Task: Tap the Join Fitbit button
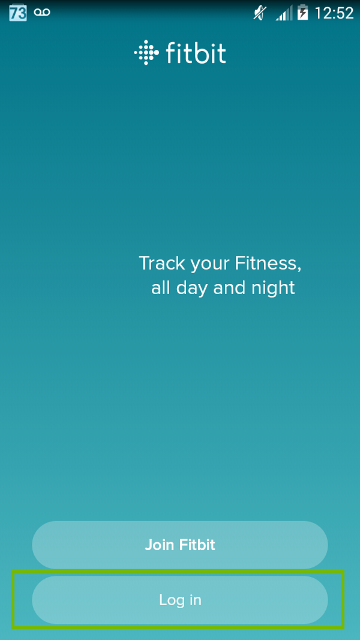point(180,545)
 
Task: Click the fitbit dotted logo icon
point(144,53)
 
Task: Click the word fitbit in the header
point(196,53)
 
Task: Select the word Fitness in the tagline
point(266,263)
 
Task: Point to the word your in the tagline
point(210,264)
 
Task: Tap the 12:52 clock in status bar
point(334,13)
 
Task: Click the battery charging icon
point(303,13)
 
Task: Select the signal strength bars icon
point(284,13)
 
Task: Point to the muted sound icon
point(259,13)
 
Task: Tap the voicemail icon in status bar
point(42,12)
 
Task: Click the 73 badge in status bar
point(17,13)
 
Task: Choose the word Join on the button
point(159,545)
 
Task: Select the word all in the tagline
point(161,288)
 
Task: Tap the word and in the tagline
point(229,288)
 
